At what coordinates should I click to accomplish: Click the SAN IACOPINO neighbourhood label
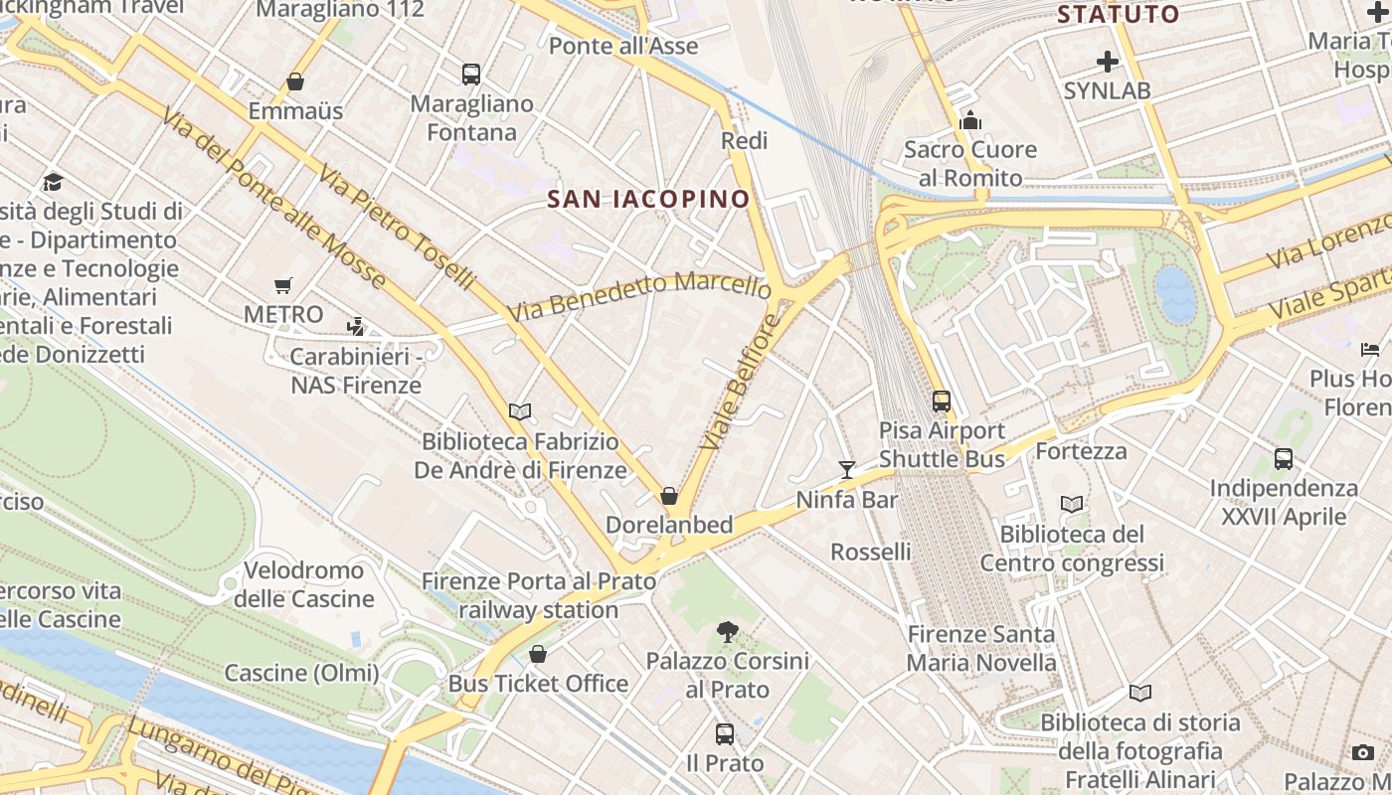[648, 199]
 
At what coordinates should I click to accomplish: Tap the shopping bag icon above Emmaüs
[294, 81]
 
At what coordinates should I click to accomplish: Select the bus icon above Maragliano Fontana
[471, 75]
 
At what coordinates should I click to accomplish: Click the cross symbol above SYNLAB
[1107, 62]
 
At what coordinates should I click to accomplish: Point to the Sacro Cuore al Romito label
[969, 164]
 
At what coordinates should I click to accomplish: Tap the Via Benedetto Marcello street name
[639, 295]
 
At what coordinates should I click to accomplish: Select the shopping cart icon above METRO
[283, 286]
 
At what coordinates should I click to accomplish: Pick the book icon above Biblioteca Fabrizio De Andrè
[520, 411]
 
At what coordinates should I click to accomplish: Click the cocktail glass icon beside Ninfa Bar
[847, 469]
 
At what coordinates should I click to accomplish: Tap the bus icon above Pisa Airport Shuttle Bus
[942, 401]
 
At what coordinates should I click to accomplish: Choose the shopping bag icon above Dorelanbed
[669, 496]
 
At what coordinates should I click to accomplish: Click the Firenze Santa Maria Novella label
[981, 648]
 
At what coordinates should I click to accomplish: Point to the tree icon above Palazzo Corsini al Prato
[727, 631]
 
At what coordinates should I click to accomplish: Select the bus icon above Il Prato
[725, 734]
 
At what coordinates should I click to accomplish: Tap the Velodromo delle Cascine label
[304, 584]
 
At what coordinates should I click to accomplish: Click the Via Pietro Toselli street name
[396, 228]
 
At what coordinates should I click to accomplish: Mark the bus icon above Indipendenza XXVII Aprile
[1284, 459]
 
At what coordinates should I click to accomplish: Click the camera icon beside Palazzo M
[1363, 752]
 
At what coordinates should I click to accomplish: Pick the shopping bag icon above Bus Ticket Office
[538, 654]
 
